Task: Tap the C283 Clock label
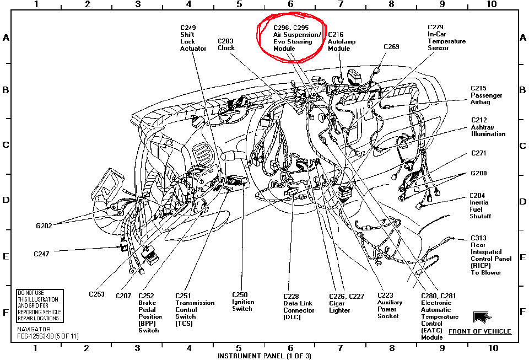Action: pyautogui.click(x=226, y=44)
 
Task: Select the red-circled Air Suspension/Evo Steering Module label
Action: pyautogui.click(x=292, y=37)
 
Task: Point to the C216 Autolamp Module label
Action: pyautogui.click(x=339, y=41)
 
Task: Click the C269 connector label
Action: pyautogui.click(x=391, y=47)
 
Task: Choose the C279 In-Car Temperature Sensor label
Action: pyautogui.click(x=446, y=37)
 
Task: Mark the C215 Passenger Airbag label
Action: pyautogui.click(x=487, y=95)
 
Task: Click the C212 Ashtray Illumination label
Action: pyautogui.click(x=488, y=127)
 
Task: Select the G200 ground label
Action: pyautogui.click(x=479, y=173)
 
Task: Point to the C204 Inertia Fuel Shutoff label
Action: pyautogui.click(x=480, y=206)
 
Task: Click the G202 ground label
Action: pyautogui.click(x=45, y=225)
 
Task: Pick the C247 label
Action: pyautogui.click(x=42, y=254)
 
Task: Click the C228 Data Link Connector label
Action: pyautogui.click(x=299, y=307)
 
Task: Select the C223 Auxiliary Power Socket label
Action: pyautogui.click(x=390, y=306)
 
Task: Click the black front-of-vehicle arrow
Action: pyautogui.click(x=481, y=316)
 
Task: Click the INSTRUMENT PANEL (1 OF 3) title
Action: pyautogui.click(x=257, y=356)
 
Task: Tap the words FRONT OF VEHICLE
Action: pyautogui.click(x=479, y=331)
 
